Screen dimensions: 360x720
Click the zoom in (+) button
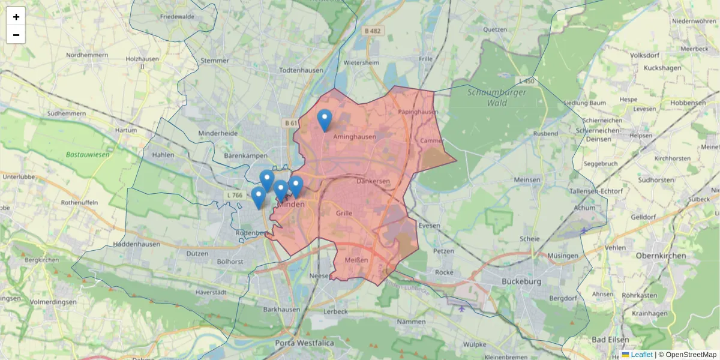(16, 17)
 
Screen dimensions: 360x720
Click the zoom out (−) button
(16, 35)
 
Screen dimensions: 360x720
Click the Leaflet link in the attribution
(641, 355)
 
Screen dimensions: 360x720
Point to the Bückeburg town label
(521, 281)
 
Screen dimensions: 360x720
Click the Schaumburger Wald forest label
(497, 97)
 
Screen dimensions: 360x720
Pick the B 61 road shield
(291, 123)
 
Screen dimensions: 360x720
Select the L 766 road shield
(235, 195)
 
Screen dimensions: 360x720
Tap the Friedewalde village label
(177, 17)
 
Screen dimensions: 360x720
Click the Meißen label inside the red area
(356, 260)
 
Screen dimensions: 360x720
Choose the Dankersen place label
(373, 181)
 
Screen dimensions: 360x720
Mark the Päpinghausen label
(418, 112)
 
